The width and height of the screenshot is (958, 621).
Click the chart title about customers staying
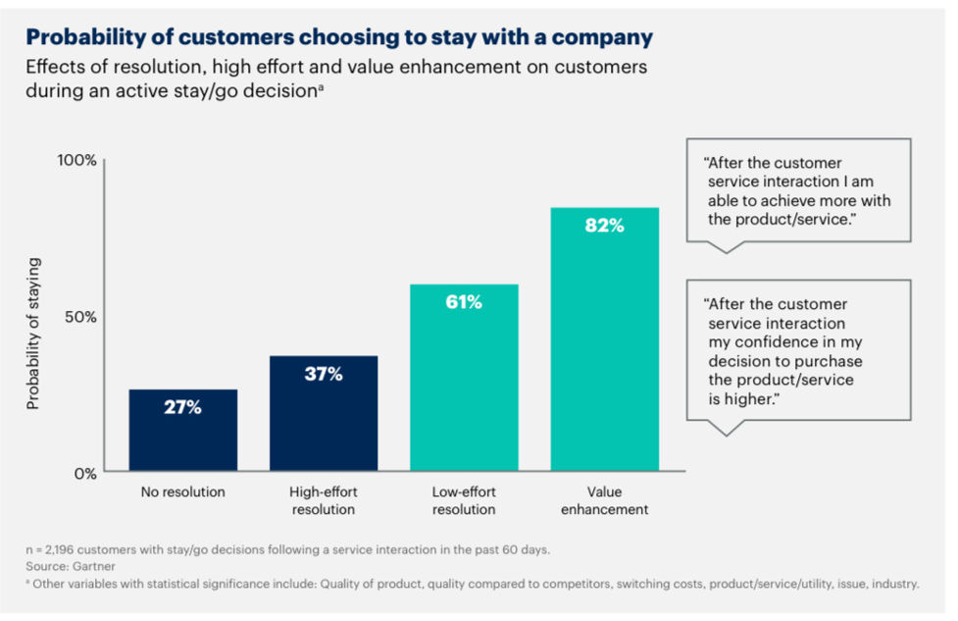338,38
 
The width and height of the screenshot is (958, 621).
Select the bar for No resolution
182,432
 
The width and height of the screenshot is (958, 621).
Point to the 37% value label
323,374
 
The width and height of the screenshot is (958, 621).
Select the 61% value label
464,302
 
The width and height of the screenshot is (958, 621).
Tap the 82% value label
604,226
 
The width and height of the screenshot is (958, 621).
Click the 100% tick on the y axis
76,161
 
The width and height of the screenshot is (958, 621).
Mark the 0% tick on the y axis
83,473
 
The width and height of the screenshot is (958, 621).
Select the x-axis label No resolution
182,492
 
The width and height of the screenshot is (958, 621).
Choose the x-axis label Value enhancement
604,500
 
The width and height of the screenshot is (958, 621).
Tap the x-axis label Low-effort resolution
464,500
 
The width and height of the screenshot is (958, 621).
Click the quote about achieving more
798,191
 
